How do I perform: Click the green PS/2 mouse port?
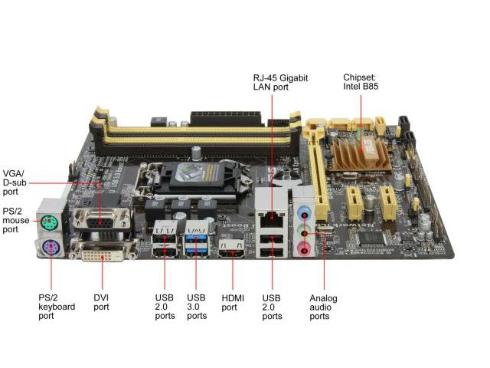point(49,223)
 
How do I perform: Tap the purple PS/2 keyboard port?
point(51,248)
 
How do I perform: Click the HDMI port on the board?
point(231,248)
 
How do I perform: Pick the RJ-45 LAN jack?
point(272,219)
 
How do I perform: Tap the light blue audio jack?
point(304,213)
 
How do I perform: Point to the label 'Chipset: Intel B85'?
point(361,82)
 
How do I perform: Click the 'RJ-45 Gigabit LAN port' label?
point(280,82)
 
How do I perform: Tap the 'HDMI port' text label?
point(233,303)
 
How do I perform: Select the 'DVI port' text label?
point(101,303)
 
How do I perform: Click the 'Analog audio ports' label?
point(323,307)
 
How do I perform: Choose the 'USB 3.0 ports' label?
point(197,307)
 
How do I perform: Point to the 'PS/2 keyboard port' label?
point(57,307)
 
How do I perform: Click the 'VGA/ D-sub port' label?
point(15,182)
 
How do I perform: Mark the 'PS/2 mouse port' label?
point(16,220)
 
